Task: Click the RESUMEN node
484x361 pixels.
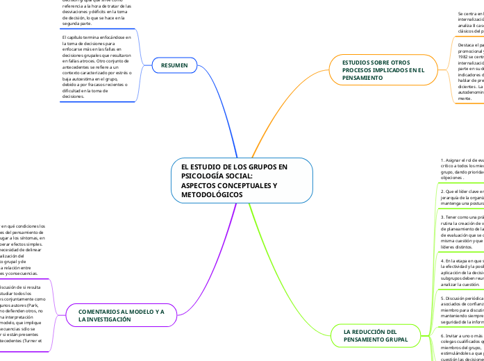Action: (174, 65)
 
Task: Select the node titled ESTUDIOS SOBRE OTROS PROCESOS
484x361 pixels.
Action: (383, 70)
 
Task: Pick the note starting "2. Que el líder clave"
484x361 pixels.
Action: (461, 198)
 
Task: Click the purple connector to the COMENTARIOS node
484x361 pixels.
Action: (201, 278)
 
